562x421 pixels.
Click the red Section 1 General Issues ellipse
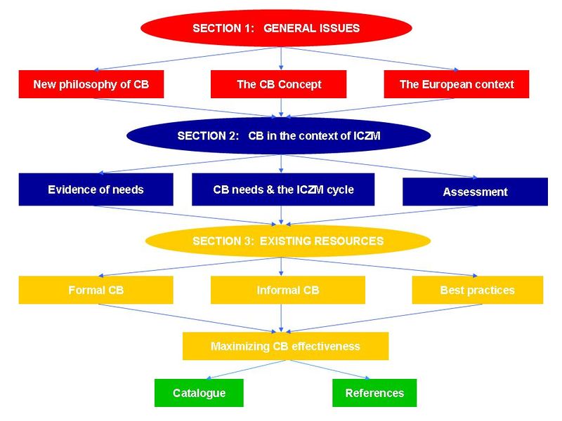(276, 28)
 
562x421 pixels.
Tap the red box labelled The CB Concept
(279, 84)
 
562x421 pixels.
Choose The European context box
(457, 84)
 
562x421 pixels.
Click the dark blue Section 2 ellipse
(278, 136)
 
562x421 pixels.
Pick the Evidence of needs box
(96, 189)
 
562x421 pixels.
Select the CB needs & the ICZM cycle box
(283, 189)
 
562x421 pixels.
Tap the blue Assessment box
(475, 192)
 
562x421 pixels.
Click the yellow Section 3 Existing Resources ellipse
(287, 241)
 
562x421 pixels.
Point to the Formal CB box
(96, 290)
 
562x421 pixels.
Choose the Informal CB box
(287, 290)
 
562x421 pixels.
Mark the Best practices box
(477, 290)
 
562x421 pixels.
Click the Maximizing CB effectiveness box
(285, 346)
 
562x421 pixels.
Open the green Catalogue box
(199, 393)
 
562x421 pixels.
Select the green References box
(374, 393)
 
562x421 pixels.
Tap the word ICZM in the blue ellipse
(365, 136)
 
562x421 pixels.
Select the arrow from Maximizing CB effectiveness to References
(329, 370)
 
